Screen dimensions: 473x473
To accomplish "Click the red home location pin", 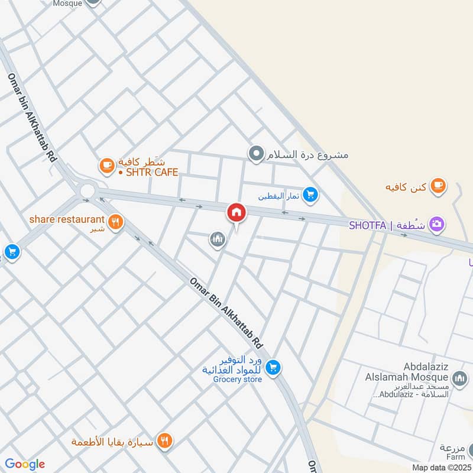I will coord(237,212).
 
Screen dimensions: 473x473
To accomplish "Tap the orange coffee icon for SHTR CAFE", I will coord(106,166).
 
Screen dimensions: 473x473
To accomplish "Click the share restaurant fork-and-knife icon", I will coord(116,222).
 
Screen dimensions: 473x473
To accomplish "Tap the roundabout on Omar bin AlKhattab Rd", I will coord(88,190).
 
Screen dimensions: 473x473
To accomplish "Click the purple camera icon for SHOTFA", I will coord(438,224).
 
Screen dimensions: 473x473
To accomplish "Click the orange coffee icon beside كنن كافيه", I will coord(438,186).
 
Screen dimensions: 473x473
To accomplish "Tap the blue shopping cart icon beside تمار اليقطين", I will coord(310,194).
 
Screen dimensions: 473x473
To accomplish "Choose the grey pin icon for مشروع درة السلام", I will coord(256,155).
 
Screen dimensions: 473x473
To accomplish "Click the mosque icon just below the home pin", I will coord(217,239).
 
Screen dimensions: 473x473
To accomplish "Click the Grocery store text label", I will coord(237,380).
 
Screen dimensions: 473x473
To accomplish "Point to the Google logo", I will coord(24,464).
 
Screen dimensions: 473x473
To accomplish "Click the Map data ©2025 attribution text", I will coord(440,467).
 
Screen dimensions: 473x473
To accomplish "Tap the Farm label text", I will coord(456,456).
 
